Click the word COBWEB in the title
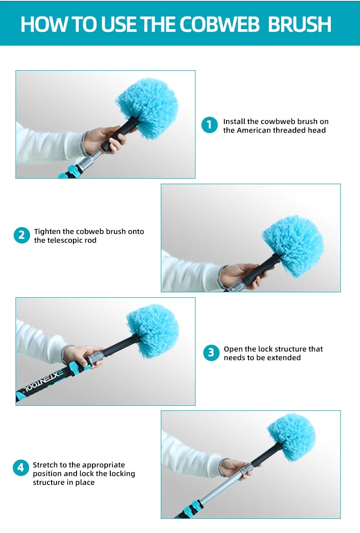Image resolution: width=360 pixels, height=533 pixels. pyautogui.click(x=219, y=24)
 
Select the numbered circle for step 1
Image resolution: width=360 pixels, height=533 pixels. pyautogui.click(x=210, y=125)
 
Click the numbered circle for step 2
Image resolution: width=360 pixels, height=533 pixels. pyautogui.click(x=22, y=235)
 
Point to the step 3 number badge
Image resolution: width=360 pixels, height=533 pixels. pyautogui.click(x=211, y=353)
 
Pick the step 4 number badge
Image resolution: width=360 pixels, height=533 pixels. pyautogui.click(x=21, y=468)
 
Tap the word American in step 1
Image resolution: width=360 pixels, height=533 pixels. pyautogui.click(x=253, y=130)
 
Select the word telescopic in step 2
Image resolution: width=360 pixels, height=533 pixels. pyautogui.click(x=63, y=240)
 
